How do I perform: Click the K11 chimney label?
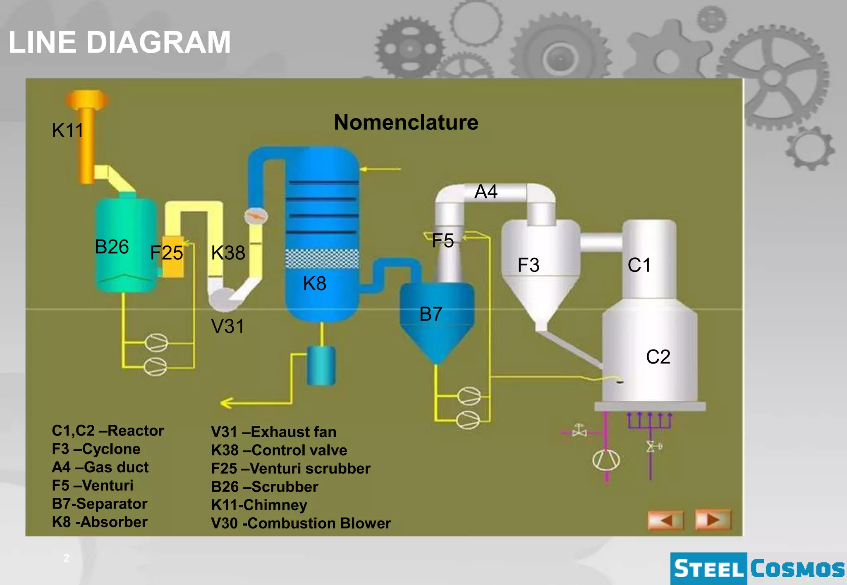[x=68, y=131]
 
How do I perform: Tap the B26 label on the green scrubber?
[x=112, y=247]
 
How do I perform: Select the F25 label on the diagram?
[x=166, y=252]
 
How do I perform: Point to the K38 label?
[x=228, y=252]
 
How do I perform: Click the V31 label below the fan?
[x=227, y=326]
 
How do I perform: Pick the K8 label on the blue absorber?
[x=314, y=283]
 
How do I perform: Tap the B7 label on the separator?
[x=431, y=314]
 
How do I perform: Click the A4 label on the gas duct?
[x=486, y=192]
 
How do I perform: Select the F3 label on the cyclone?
[x=528, y=265]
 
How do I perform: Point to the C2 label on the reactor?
[x=658, y=357]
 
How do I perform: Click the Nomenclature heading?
[x=406, y=122]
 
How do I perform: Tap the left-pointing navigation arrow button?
[x=665, y=520]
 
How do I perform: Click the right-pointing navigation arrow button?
[x=713, y=519]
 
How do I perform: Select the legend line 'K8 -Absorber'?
[x=100, y=522]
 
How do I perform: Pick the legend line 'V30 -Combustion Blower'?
[x=301, y=523]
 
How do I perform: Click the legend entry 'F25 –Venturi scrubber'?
[x=290, y=468]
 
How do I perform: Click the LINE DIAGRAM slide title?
[x=120, y=42]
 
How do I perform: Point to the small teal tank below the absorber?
[x=321, y=366]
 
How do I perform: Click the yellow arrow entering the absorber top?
[x=380, y=169]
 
